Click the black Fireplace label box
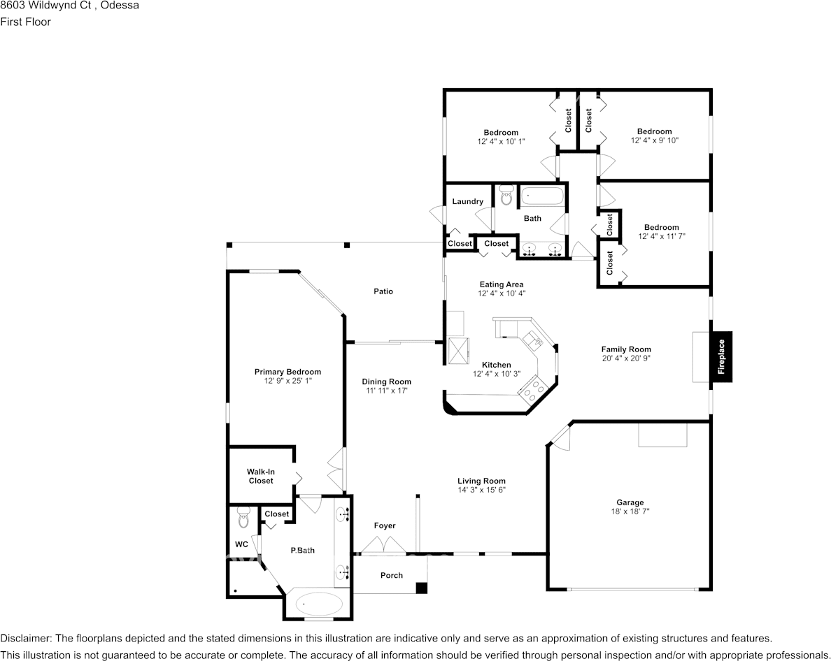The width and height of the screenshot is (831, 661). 721,356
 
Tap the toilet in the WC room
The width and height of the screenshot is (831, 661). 243,518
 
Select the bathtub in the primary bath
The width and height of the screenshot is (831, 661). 319,604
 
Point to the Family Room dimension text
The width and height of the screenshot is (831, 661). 626,358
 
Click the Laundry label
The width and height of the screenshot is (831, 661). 467,202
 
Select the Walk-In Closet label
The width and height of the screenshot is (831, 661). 260,477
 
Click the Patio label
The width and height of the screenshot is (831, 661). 383,291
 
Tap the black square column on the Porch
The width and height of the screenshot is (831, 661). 421,588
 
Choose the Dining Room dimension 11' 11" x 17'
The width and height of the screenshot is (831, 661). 386,391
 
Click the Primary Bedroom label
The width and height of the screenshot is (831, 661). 287,372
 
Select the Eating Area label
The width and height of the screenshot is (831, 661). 502,284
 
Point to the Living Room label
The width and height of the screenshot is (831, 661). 481,481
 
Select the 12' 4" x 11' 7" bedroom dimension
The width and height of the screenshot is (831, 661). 661,236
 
